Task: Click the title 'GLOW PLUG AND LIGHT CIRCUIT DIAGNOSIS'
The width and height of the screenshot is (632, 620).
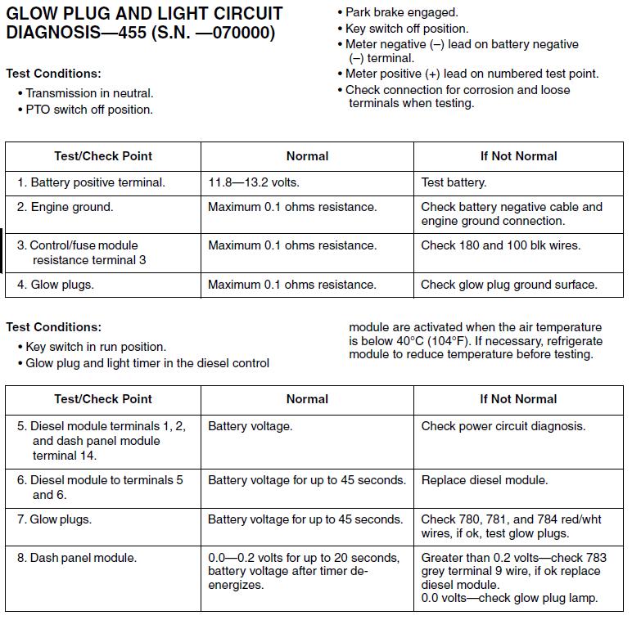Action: coord(144,24)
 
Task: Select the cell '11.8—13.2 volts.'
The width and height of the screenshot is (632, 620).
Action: coord(254,182)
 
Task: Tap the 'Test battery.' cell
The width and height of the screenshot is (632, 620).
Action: coord(454,182)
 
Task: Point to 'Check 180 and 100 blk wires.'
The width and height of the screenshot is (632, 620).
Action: coord(500,245)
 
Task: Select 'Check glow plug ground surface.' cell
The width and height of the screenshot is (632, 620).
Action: coord(509,285)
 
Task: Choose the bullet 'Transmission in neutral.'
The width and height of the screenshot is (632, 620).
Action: coord(89,93)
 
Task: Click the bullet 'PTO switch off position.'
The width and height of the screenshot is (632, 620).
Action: coord(88,110)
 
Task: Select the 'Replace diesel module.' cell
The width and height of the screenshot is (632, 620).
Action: coord(484,480)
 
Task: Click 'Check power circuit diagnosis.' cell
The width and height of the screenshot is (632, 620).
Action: coord(503,426)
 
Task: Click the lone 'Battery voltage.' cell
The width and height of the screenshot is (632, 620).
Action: coord(250,426)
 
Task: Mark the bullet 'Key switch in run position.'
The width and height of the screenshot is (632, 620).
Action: coord(95,347)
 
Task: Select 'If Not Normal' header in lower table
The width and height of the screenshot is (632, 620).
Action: coord(518,399)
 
